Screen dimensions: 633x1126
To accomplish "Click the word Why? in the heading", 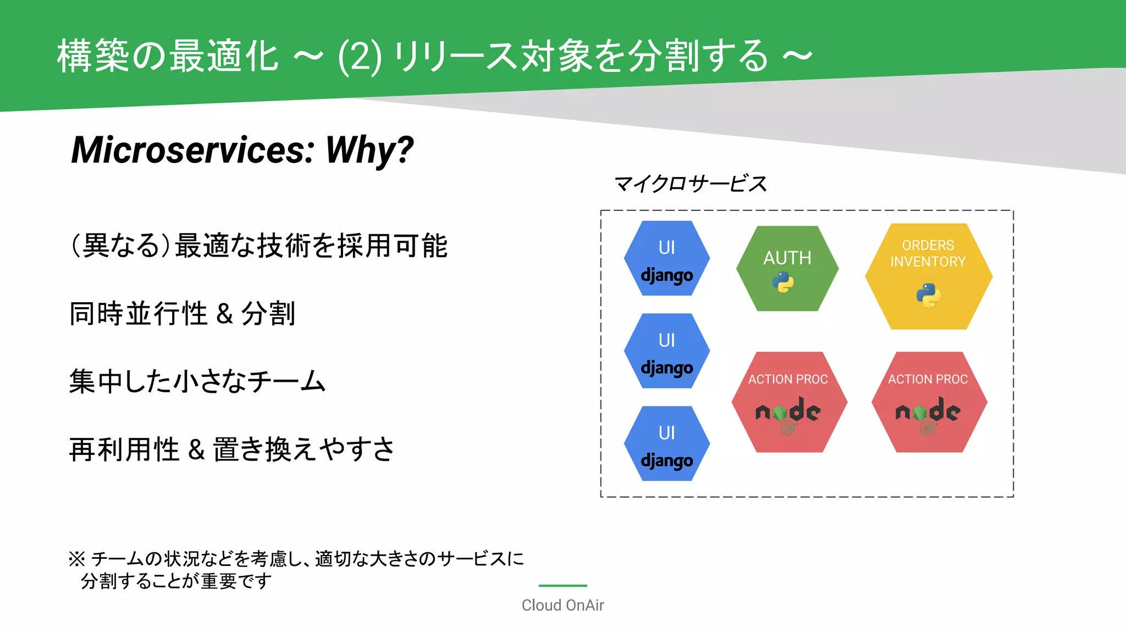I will point(369,149).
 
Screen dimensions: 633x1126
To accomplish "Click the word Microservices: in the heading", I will point(193,149).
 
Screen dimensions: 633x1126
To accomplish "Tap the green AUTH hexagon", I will point(787,268).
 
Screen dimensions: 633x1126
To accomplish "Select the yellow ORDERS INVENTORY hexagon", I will point(928,276).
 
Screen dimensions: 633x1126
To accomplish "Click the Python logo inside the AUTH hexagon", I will point(783,282).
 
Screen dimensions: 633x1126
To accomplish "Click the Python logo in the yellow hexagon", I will point(928,295).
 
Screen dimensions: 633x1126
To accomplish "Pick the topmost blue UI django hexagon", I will point(667,258).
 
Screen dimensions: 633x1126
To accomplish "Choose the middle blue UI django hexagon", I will point(667,351).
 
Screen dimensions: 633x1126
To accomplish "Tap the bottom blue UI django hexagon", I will point(667,443).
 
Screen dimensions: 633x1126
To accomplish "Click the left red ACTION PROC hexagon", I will point(789,402).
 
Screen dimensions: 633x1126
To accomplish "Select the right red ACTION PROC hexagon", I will point(929,402).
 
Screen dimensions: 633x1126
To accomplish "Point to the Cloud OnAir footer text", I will point(562,605).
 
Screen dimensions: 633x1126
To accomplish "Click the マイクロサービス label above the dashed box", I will point(690,184).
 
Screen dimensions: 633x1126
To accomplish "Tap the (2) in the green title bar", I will point(360,56).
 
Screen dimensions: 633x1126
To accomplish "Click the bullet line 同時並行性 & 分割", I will point(183,314).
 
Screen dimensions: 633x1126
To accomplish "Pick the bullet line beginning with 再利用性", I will point(231,449).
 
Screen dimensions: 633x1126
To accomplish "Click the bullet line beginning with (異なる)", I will point(260,246).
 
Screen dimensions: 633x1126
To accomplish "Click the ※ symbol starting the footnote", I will point(76,559).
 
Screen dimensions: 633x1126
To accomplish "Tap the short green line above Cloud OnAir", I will point(562,586).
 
